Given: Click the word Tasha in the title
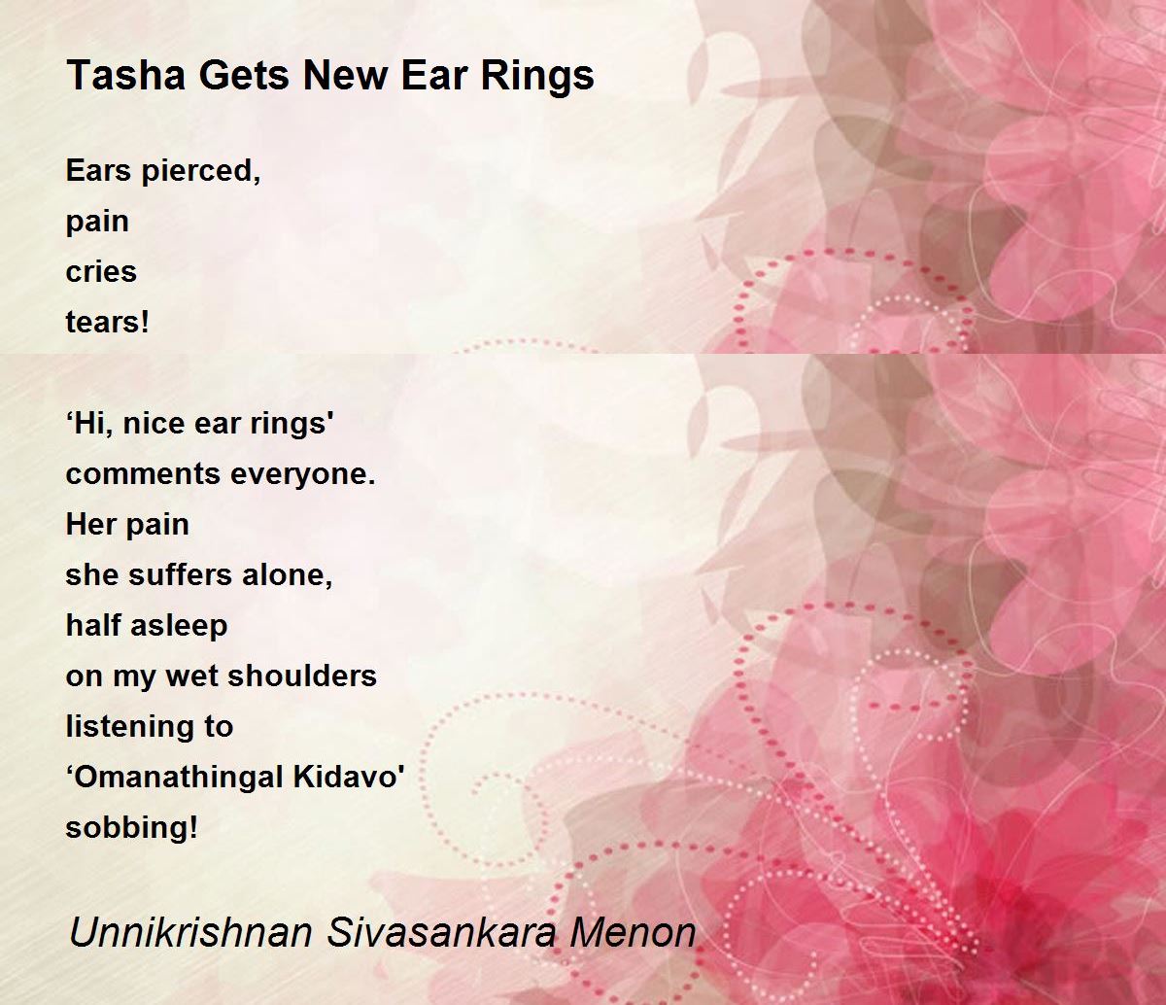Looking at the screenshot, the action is click(x=125, y=75).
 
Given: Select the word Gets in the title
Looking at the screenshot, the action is click(x=244, y=76).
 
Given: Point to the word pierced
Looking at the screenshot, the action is click(x=201, y=171).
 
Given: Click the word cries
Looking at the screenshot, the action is click(x=101, y=272).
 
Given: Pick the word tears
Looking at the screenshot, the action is click(x=107, y=322).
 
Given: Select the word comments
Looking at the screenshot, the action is click(x=143, y=473).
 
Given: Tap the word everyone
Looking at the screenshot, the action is click(x=302, y=475).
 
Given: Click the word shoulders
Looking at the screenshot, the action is click(x=302, y=676).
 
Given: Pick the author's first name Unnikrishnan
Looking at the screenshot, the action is click(x=190, y=932).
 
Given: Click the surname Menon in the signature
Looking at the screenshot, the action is click(x=633, y=932).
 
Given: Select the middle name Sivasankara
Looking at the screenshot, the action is click(x=441, y=932).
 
